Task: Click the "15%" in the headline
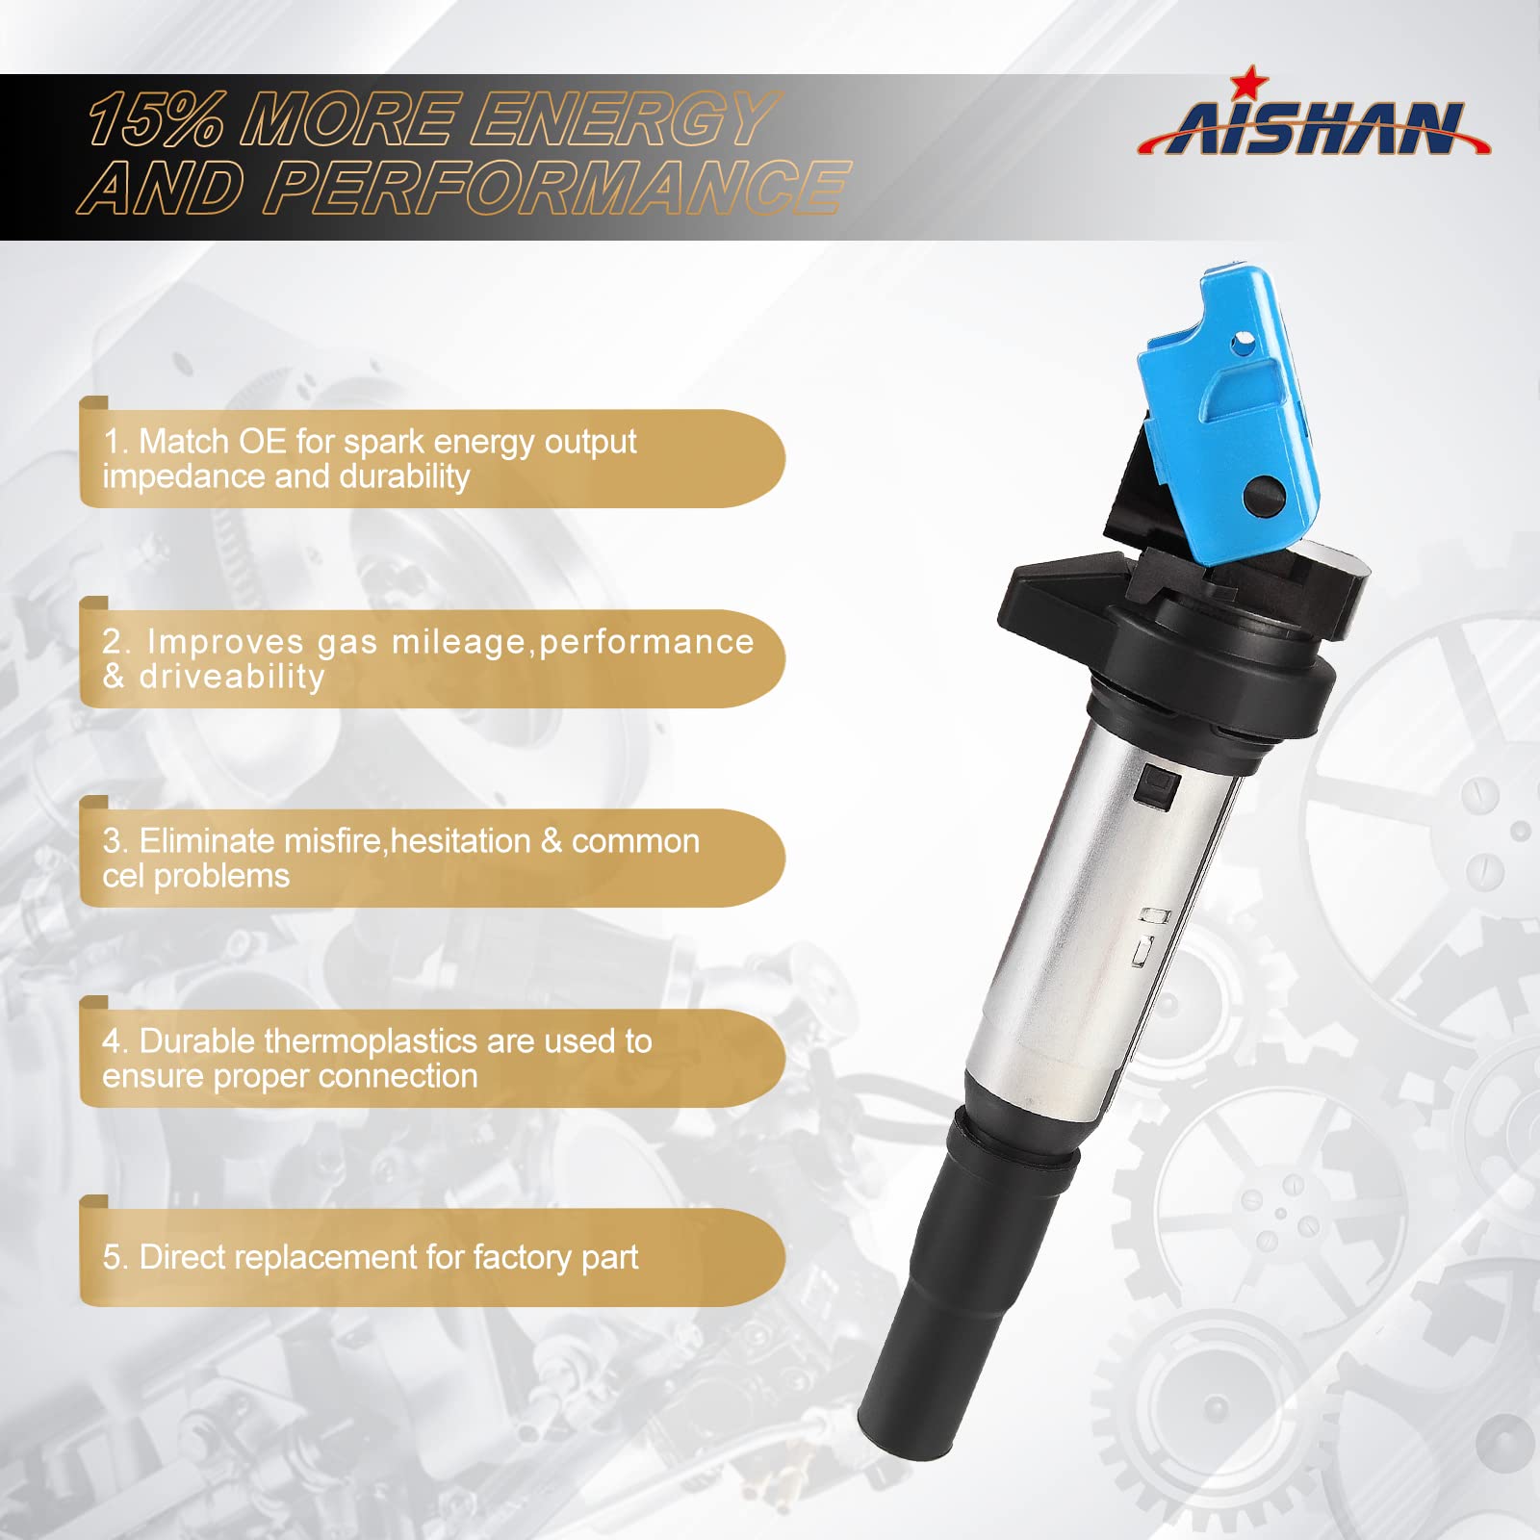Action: click(x=154, y=121)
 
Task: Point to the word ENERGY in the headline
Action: click(x=621, y=120)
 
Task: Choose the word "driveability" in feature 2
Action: click(x=232, y=677)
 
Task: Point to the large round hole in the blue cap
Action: click(x=1265, y=497)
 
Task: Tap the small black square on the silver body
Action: click(x=1156, y=788)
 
